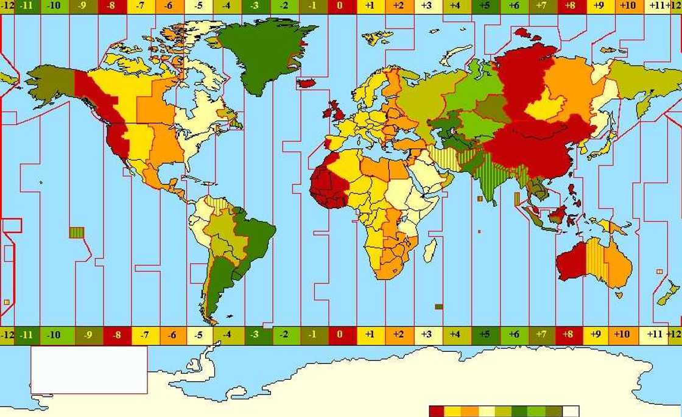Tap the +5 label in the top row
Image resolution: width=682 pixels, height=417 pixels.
[485, 7]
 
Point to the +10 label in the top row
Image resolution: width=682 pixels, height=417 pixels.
[627, 7]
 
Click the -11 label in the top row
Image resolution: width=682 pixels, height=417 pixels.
[26, 7]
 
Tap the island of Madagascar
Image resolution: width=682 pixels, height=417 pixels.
[430, 250]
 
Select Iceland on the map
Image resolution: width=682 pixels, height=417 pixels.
[307, 82]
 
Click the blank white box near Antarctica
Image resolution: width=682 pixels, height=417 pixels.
[89, 370]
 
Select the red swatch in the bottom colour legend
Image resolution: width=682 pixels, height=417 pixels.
[437, 412]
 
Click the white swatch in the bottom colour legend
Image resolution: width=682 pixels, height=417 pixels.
[570, 412]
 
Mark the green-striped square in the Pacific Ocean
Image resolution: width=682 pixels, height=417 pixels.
[76, 232]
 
